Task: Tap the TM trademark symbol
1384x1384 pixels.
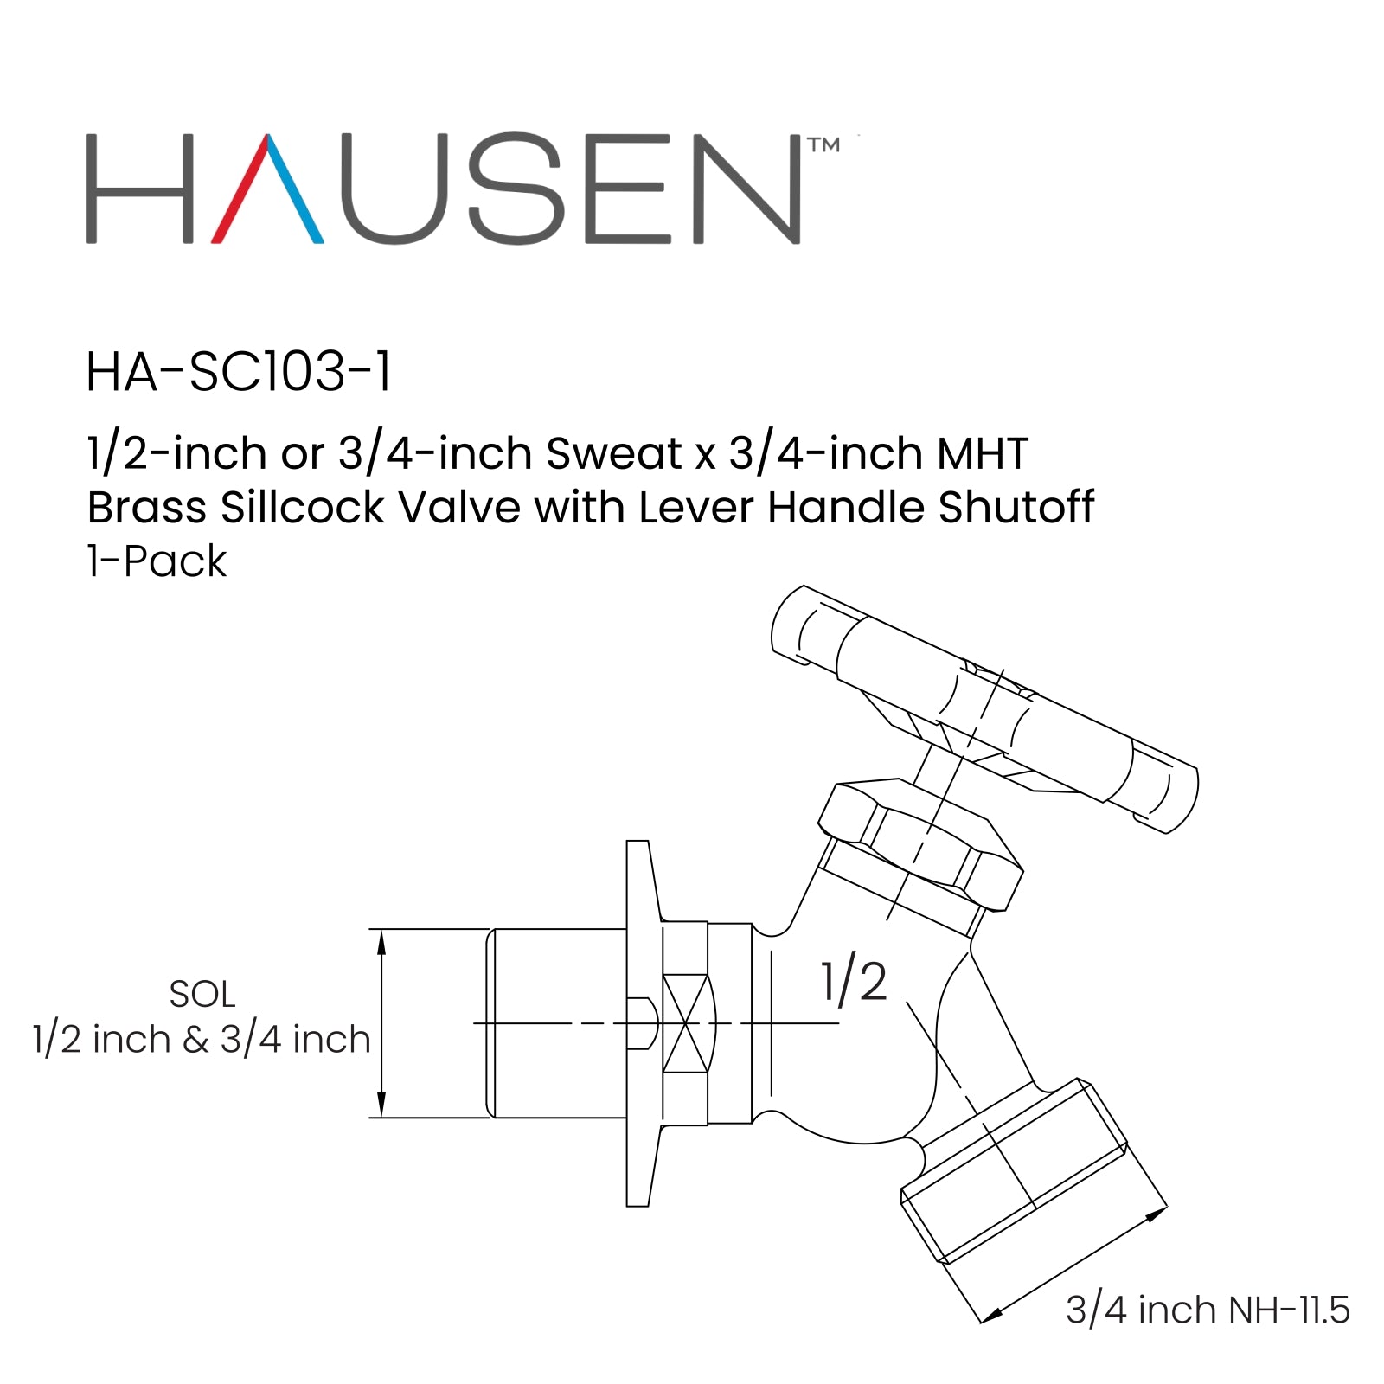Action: point(823,145)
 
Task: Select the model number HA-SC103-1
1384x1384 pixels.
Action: point(239,373)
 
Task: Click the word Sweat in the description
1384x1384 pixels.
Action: point(614,454)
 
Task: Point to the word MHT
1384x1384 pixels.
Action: point(983,454)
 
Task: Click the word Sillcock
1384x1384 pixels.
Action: point(302,508)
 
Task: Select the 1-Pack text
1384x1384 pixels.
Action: point(157,561)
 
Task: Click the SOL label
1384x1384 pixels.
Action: point(202,995)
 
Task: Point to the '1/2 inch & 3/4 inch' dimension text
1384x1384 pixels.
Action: point(202,1040)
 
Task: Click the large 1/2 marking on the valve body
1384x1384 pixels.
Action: point(854,982)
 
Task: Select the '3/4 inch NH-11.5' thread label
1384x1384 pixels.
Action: point(1208,1310)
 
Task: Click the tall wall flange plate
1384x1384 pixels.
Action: point(638,1022)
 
